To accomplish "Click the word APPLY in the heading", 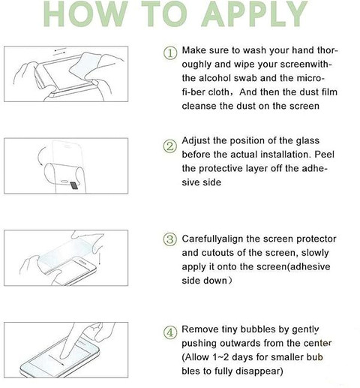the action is point(254,14).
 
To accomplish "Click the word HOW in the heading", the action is point(85,14).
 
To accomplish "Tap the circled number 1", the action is point(170,53).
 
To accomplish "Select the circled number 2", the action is point(170,146).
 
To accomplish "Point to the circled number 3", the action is point(170,239).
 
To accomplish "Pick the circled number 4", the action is point(170,332).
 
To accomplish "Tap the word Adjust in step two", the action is point(196,141).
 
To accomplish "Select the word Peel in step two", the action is point(324,155).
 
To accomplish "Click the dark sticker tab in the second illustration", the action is point(74,185).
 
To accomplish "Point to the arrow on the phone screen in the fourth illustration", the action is point(56,359).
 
